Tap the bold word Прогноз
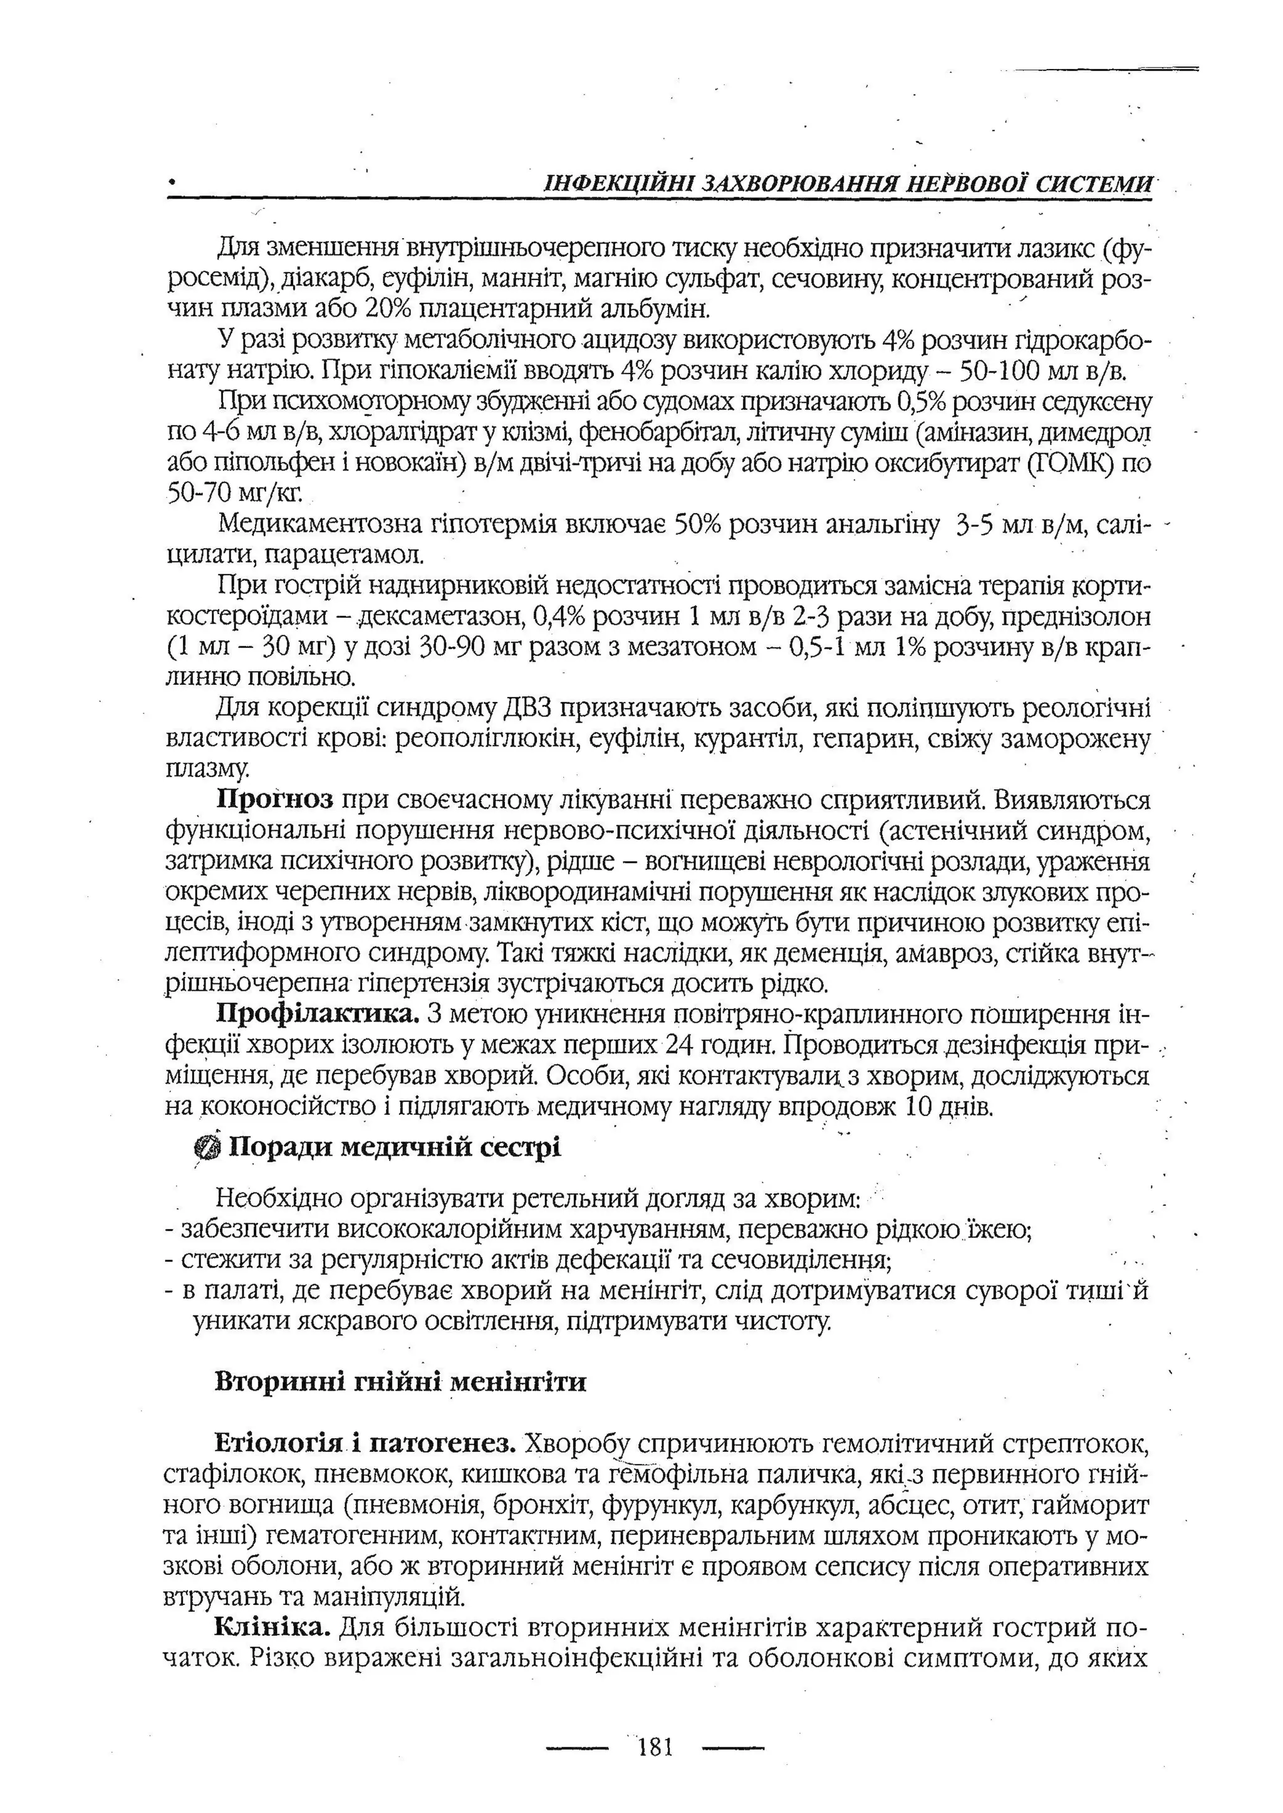[275, 800]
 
